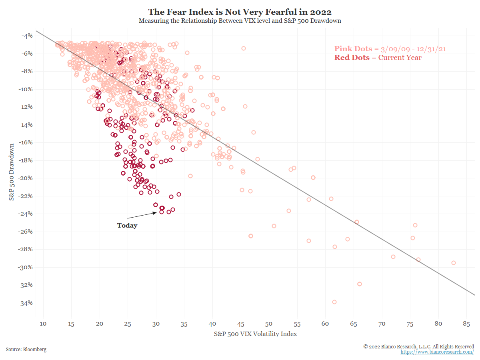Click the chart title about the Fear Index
coord(240,12)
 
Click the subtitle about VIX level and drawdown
coord(240,20)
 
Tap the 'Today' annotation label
coord(127,226)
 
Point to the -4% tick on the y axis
coord(27,36)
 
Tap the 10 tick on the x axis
coord(43,324)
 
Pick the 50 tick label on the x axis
coord(269,324)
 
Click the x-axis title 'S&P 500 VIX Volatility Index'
coord(255,334)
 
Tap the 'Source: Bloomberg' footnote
coord(26,349)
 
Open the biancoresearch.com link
coord(437,352)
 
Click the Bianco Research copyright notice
coord(418,346)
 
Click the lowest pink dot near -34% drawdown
coord(334,302)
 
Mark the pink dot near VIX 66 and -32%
coord(360,284)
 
